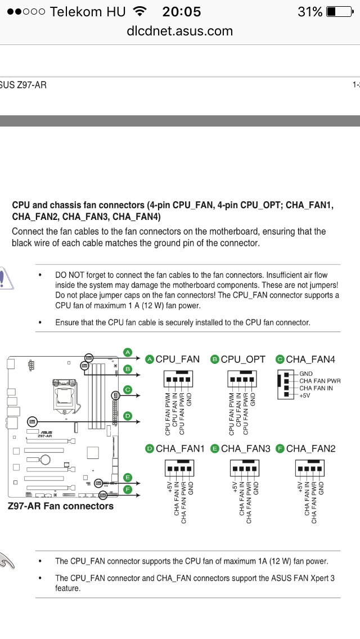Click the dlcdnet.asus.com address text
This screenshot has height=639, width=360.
coord(180,31)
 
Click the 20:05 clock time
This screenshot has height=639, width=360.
coord(181,11)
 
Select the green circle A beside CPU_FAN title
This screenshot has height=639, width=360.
coord(150,359)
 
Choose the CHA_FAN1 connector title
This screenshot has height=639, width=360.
coord(180,448)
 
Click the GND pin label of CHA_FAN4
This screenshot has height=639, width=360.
coord(306,373)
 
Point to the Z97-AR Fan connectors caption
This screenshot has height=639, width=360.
coord(61,506)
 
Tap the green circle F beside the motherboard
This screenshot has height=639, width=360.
coord(128,489)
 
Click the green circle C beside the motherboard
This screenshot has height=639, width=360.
coord(128,389)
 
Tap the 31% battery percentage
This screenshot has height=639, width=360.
coord(310,11)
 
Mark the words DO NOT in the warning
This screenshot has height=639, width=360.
coord(67,275)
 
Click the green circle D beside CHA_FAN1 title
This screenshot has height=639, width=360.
coord(150,448)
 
